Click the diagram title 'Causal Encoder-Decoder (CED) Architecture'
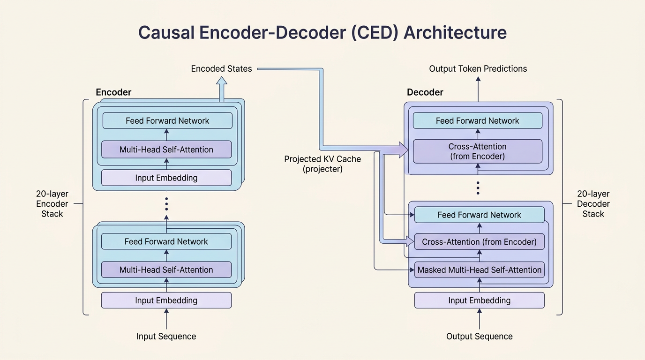pyautogui.click(x=322, y=32)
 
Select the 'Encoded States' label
pyautogui.click(x=221, y=68)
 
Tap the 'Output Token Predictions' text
pyautogui.click(x=478, y=68)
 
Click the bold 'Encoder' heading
pyautogui.click(x=113, y=92)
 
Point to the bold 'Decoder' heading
pyautogui.click(x=425, y=92)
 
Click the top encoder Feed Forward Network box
pyautogui.click(x=167, y=120)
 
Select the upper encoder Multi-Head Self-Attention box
pyautogui.click(x=166, y=150)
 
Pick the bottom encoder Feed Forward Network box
pyautogui.click(x=166, y=241)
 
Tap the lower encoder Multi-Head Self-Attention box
pyautogui.click(x=166, y=270)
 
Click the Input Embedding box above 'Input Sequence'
pyautogui.click(x=166, y=300)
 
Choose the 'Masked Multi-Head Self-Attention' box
pyautogui.click(x=480, y=270)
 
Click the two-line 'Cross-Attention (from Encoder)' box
pyautogui.click(x=477, y=151)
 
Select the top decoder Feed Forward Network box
pyautogui.click(x=477, y=120)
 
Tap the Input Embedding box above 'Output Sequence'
pyautogui.click(x=480, y=300)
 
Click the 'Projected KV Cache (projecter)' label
pyautogui.click(x=322, y=164)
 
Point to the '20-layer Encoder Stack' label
pyautogui.click(x=52, y=203)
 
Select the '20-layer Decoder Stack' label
pyautogui.click(x=593, y=203)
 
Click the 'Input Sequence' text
pyautogui.click(x=166, y=336)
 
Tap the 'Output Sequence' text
pyautogui.click(x=480, y=336)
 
